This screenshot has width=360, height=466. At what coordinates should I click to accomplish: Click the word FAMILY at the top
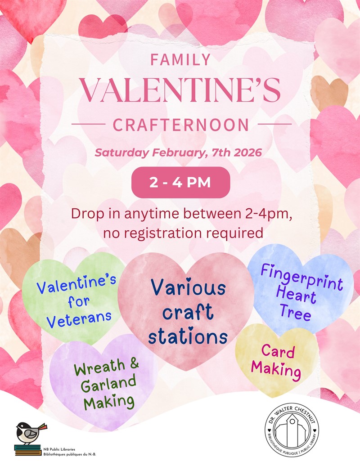[180, 60]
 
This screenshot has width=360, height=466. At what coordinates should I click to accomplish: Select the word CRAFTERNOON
[180, 125]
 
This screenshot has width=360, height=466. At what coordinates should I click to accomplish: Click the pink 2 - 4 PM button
[180, 183]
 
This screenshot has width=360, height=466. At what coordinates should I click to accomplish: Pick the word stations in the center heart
[188, 336]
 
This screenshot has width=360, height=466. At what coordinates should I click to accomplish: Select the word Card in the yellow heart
[278, 352]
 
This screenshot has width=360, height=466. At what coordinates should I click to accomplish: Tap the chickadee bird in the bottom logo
[28, 433]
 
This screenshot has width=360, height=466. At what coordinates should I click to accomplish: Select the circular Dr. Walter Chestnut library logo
[292, 429]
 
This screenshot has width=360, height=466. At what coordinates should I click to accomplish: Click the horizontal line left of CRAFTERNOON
[88, 123]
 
